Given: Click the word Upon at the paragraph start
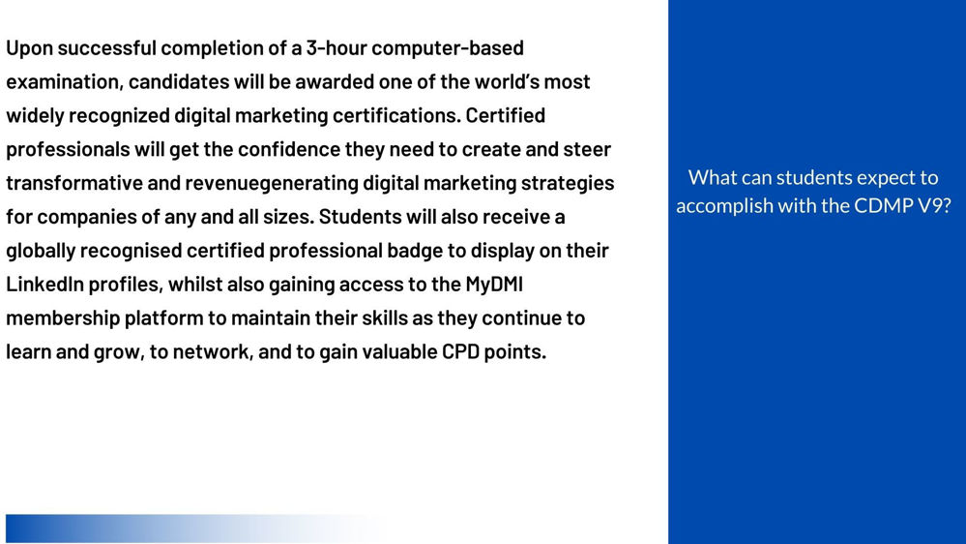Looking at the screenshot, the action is [30, 48].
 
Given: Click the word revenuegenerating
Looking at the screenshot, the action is [272, 184].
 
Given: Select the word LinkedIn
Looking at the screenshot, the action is [44, 284].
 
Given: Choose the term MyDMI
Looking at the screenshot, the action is [494, 285].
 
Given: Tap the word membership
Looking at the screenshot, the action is [63, 318].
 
